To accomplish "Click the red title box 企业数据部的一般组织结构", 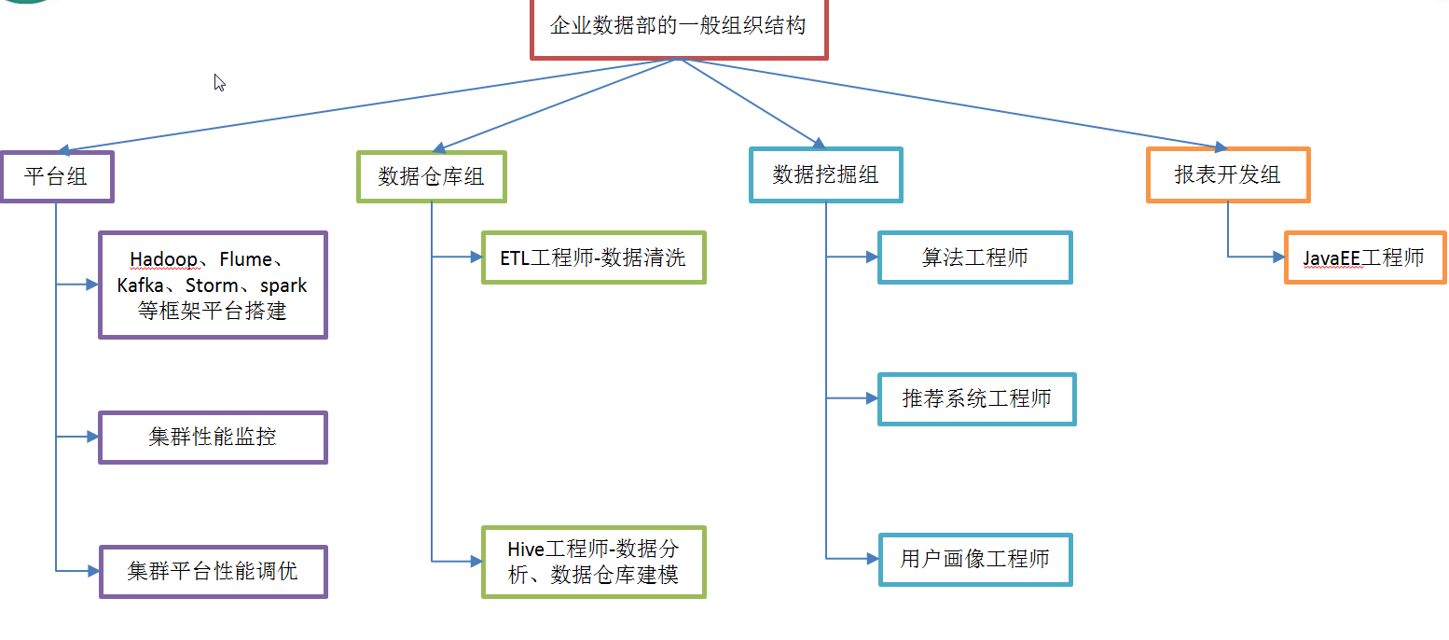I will point(678,27).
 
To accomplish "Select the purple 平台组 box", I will point(57,176).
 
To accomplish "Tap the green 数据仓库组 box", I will point(431,176).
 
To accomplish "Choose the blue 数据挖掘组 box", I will point(825,174).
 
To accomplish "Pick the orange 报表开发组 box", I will point(1227,174).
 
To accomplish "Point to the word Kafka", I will point(141,285).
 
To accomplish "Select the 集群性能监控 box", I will point(213,437).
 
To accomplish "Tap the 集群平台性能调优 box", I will point(213,570).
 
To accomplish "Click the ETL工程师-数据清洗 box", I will point(593,257).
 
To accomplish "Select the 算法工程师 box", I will point(974,257).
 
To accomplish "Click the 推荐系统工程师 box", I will point(976,399).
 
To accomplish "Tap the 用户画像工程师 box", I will point(974,559).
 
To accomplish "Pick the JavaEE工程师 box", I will point(1364,257).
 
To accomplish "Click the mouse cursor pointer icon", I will point(219,83).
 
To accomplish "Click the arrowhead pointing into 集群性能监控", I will point(92,437).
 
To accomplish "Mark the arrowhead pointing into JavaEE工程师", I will point(1278,257).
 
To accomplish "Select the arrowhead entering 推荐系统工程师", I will point(872,398).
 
